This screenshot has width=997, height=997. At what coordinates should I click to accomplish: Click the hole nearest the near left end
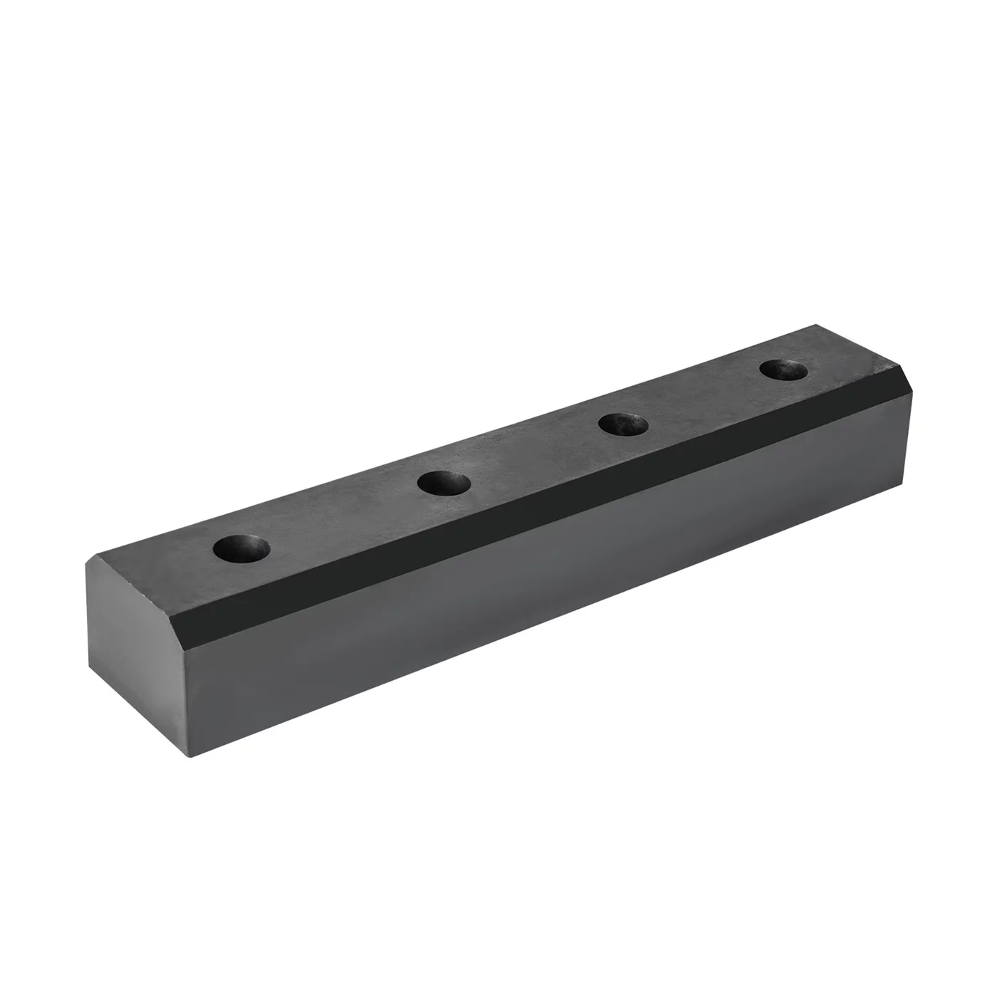(x=241, y=548)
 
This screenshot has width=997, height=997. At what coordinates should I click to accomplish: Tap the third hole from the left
(x=623, y=424)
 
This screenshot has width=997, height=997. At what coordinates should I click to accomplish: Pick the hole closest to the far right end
(x=783, y=370)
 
